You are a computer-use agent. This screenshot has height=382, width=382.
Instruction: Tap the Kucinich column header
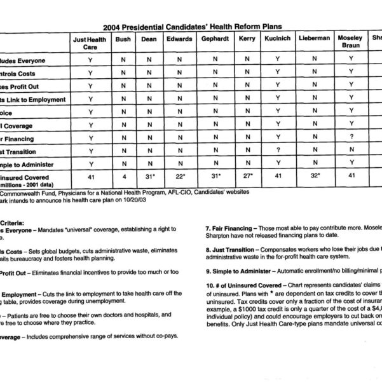(x=276, y=39)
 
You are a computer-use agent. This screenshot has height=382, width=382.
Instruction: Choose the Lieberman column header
(x=314, y=39)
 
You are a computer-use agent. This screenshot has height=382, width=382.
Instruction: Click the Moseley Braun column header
(x=350, y=43)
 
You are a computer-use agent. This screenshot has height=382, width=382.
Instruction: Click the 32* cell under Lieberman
(x=314, y=177)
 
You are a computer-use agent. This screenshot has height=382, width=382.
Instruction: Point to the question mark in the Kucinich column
(x=276, y=151)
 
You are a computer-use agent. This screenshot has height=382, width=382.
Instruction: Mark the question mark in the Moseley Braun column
(x=350, y=138)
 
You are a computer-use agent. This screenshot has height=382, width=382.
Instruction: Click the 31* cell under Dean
(x=149, y=177)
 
